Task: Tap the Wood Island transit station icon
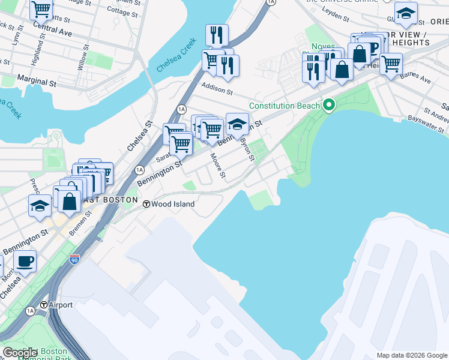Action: pos(146,204)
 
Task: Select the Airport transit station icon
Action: pos(44,305)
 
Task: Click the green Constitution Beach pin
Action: pos(328,106)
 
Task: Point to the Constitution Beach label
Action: pos(285,106)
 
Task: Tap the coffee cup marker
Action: pos(25,262)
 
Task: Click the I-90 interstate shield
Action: pos(74,259)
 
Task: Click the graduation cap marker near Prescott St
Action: pos(40,205)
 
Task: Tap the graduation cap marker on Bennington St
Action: pos(237,124)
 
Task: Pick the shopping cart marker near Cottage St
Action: pos(41,9)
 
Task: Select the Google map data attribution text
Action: pos(412,355)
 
